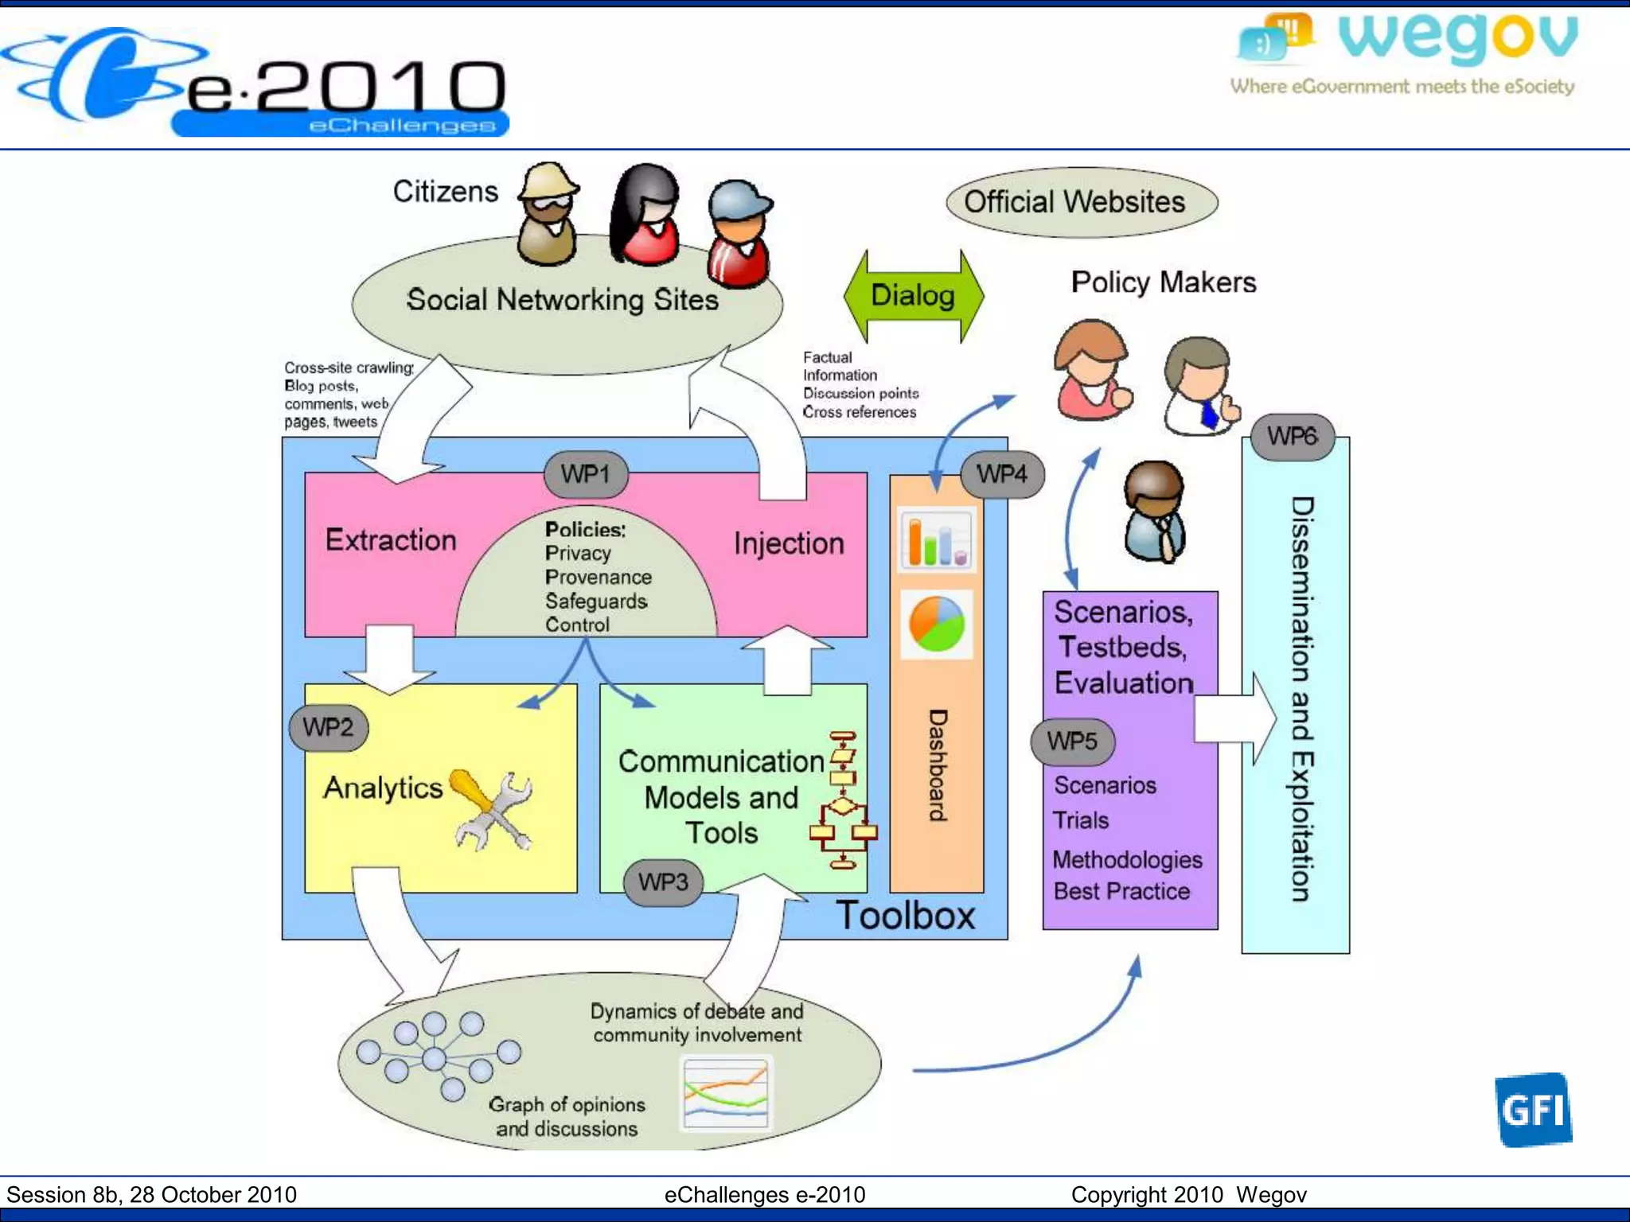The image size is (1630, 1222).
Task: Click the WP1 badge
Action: pyautogui.click(x=586, y=474)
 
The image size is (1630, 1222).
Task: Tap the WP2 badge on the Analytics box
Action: pyautogui.click(x=328, y=727)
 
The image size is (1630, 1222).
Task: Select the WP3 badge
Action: pyautogui.click(x=663, y=882)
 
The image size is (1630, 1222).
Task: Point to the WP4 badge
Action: pyautogui.click(x=1002, y=474)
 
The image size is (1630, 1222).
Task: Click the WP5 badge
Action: pyautogui.click(x=1072, y=741)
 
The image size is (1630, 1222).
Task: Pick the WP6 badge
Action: pyautogui.click(x=1292, y=436)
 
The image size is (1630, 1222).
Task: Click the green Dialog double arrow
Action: pyautogui.click(x=913, y=296)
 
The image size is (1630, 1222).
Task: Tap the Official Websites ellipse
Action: pyautogui.click(x=1082, y=202)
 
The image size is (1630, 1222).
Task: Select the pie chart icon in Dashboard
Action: pyautogui.click(x=937, y=625)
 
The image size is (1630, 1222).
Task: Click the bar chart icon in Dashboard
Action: pyautogui.click(x=937, y=540)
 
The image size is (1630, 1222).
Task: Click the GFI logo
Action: pyautogui.click(x=1533, y=1110)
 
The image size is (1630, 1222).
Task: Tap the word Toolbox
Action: pyautogui.click(x=905, y=916)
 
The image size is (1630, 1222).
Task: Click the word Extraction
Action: pyautogui.click(x=391, y=540)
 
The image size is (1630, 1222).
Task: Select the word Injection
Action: pyautogui.click(x=789, y=543)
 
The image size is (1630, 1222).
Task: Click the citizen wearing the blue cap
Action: pyautogui.click(x=739, y=233)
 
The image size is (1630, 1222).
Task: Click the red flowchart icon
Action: pyautogui.click(x=844, y=800)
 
